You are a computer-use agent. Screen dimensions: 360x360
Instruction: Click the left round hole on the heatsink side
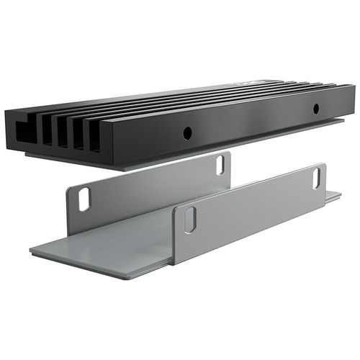(x=186, y=132)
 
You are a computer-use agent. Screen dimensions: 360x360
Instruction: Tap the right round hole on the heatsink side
(x=315, y=109)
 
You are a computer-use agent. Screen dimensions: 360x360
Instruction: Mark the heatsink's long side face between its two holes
(x=252, y=122)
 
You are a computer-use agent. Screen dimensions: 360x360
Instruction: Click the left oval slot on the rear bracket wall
(x=84, y=199)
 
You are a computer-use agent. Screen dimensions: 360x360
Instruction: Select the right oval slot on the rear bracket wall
(x=220, y=164)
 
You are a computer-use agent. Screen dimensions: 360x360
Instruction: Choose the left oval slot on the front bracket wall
(x=189, y=220)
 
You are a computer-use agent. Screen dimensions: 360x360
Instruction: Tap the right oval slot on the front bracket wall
(x=317, y=178)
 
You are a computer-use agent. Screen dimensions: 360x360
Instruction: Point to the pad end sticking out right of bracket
(x=333, y=195)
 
